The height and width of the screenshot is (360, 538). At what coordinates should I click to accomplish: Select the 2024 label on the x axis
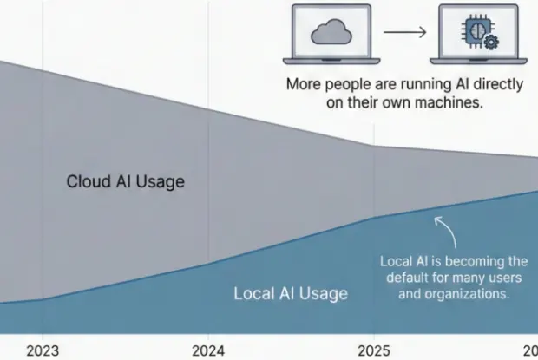pyautogui.click(x=208, y=350)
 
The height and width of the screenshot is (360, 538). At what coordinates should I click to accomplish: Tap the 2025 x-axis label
pyautogui.click(x=373, y=350)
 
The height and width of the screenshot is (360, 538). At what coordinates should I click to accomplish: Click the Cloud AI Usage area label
pyautogui.click(x=126, y=182)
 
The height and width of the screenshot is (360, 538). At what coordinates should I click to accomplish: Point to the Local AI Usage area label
pyautogui.click(x=291, y=293)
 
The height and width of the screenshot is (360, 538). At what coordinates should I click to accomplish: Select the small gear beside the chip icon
pyautogui.click(x=492, y=42)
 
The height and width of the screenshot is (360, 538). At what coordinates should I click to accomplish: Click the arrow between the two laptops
pyautogui.click(x=405, y=32)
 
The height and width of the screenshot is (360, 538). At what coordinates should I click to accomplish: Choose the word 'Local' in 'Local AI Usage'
pyautogui.click(x=253, y=293)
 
